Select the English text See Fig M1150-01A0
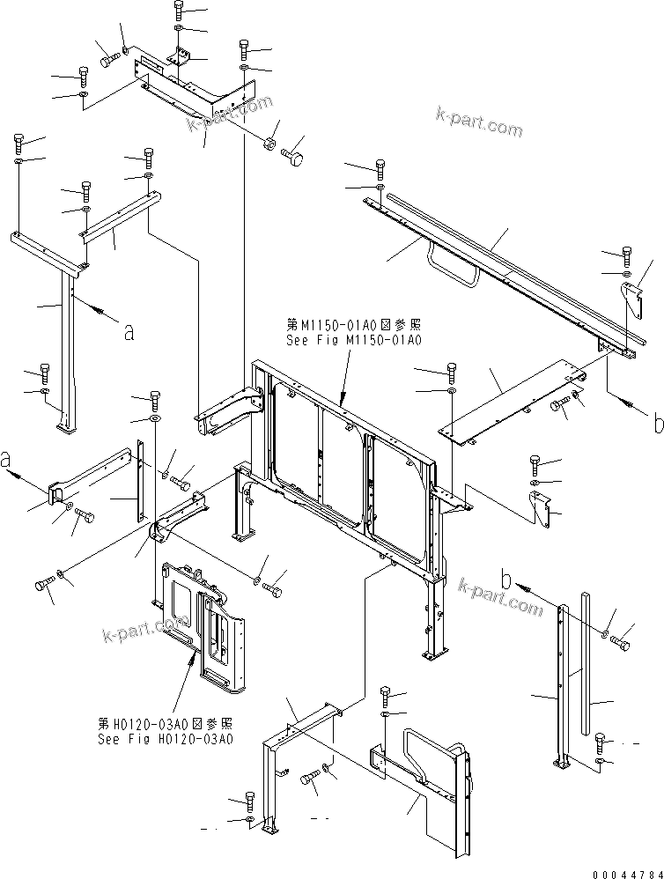354,340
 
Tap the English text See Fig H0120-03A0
166,738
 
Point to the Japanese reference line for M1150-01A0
354,325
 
